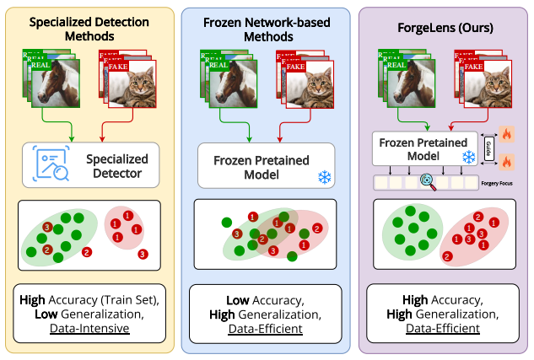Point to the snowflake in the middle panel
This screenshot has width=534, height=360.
click(323, 176)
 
